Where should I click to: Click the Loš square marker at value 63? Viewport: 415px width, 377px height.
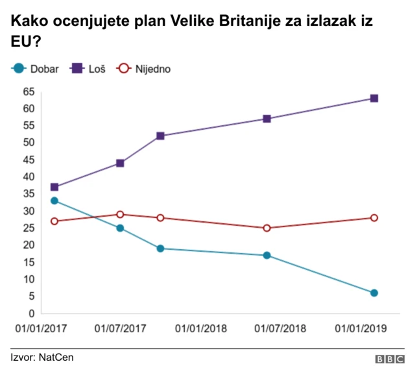pos(374,98)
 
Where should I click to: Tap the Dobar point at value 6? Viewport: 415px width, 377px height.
pos(374,293)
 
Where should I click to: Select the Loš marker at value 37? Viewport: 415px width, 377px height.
pos(54,187)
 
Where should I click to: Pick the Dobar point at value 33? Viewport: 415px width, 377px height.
pos(54,201)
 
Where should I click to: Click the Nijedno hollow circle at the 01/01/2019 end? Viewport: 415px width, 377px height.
pos(374,217)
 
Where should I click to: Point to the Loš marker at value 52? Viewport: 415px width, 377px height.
pos(160,136)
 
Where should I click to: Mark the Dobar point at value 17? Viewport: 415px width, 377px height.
pos(267,255)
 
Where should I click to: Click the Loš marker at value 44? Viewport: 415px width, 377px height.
pos(120,163)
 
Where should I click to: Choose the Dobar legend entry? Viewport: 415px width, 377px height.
pos(36,68)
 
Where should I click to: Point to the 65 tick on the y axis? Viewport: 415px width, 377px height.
pos(29,91)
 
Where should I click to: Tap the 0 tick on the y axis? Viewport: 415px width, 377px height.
pos(31,313)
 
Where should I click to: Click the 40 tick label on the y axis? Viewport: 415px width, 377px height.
pos(29,176)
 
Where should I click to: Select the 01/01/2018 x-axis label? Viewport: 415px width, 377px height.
pos(200,328)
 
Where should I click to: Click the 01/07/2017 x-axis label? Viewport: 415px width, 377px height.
pos(121,328)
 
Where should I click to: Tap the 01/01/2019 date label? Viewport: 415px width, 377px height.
pos(361,328)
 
